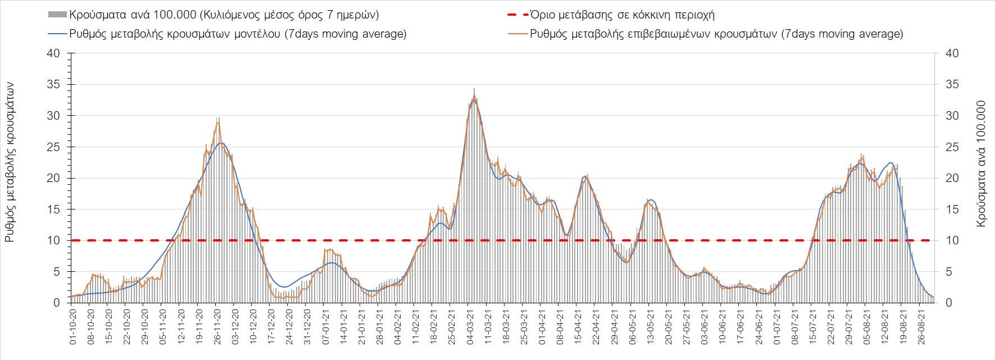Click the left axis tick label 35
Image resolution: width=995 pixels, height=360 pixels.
coord(53,84)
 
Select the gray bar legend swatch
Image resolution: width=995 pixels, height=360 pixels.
coord(57,15)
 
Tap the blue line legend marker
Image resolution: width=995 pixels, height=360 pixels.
coord(57,34)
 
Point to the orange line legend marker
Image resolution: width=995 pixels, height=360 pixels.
coord(517,34)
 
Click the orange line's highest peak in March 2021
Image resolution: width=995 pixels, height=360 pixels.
coord(474,95)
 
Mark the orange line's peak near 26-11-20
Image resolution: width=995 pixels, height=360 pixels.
coord(218,122)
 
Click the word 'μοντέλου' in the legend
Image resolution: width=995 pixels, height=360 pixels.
coord(256,34)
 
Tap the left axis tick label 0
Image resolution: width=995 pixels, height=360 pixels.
coord(57,303)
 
